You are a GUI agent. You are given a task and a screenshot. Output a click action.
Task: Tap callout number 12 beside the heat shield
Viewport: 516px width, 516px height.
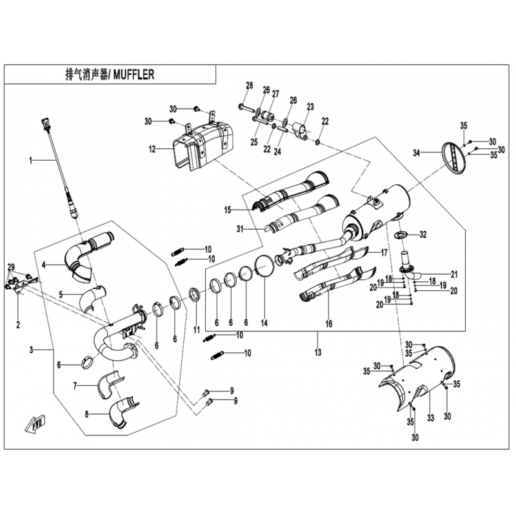point(152,150)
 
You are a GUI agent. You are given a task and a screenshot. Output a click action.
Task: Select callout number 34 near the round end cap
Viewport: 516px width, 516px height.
point(417,153)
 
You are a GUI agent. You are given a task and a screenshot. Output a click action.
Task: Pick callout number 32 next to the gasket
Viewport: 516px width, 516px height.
point(423,233)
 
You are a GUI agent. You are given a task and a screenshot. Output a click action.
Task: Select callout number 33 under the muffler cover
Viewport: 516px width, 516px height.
point(431,418)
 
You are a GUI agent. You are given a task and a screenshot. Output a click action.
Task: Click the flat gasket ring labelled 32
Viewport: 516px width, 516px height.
point(400,233)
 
